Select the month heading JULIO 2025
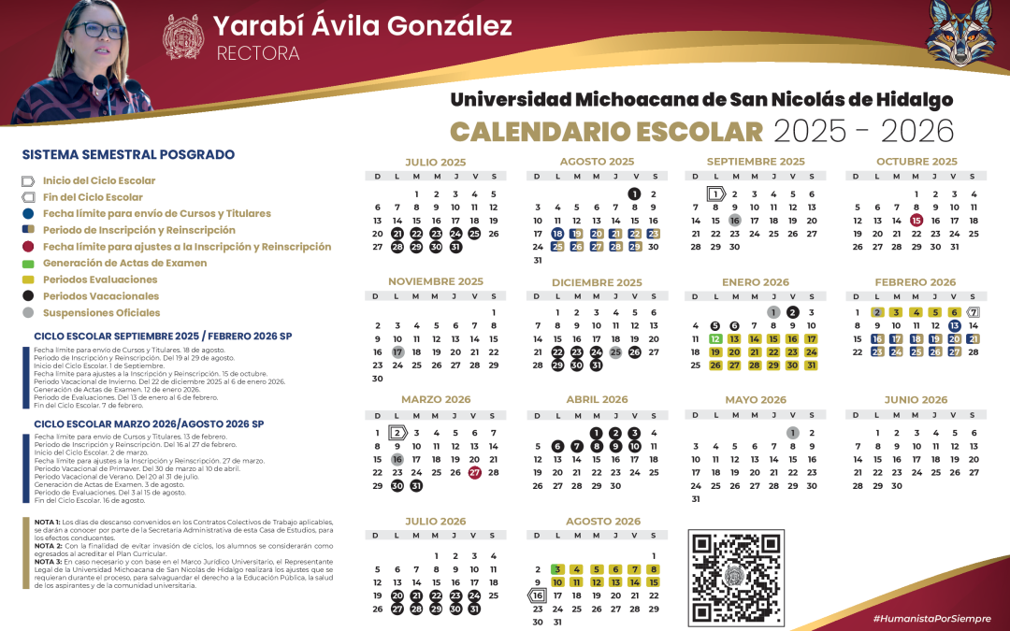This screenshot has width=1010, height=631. tap(435, 162)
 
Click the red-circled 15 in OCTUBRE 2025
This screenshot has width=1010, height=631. tap(916, 221)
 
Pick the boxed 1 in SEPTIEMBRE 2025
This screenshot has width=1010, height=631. tap(715, 194)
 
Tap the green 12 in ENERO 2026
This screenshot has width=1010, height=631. tap(715, 339)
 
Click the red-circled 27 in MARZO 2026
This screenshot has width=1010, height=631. tap(474, 472)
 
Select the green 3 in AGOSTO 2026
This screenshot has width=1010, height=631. tap(556, 569)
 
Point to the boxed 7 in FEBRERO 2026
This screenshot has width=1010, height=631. tap(974, 312)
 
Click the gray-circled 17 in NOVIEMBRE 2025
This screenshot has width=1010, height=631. tap(397, 352)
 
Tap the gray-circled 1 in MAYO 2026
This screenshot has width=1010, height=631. tap(792, 433)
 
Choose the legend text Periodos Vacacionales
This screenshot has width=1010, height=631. tap(101, 296)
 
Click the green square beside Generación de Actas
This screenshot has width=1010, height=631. tap(27, 264)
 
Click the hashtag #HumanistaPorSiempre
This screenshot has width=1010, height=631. tap(931, 618)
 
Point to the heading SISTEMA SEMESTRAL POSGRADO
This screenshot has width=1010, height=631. tap(128, 154)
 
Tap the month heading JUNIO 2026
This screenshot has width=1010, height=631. tap(915, 400)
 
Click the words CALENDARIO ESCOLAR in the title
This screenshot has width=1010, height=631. tap(606, 132)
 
